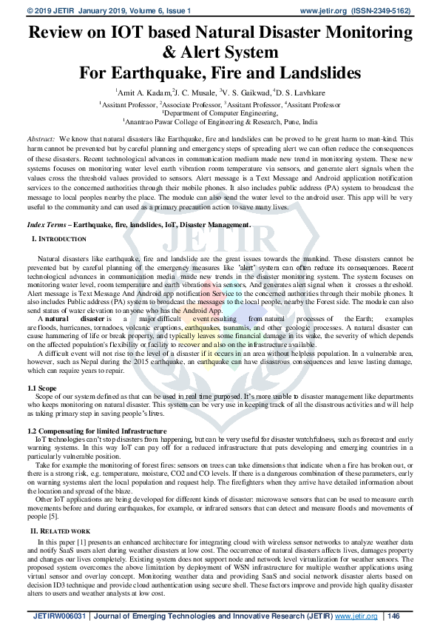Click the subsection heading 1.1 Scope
point(41,388)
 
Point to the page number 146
point(393,616)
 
